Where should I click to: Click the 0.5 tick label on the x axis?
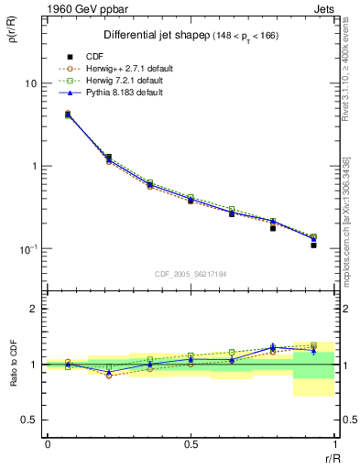191,444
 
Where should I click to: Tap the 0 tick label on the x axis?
48,444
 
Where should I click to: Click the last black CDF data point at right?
313,245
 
